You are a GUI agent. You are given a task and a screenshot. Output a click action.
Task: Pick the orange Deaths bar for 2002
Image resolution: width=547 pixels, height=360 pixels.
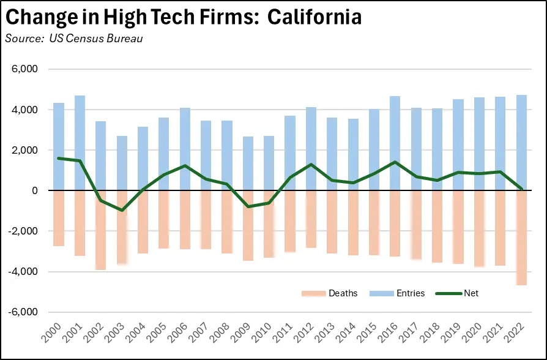point(101,230)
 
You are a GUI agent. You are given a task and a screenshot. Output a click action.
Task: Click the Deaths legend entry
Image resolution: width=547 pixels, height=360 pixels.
point(329,293)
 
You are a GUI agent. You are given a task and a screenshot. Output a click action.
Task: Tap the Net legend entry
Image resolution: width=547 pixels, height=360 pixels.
point(456,293)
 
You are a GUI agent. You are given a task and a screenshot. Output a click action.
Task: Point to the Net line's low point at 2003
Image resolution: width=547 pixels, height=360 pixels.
point(122,210)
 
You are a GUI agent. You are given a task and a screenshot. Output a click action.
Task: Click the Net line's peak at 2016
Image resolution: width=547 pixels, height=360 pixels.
point(395,162)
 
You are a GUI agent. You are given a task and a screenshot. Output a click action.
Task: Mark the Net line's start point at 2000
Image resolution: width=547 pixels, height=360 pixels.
point(59,158)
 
